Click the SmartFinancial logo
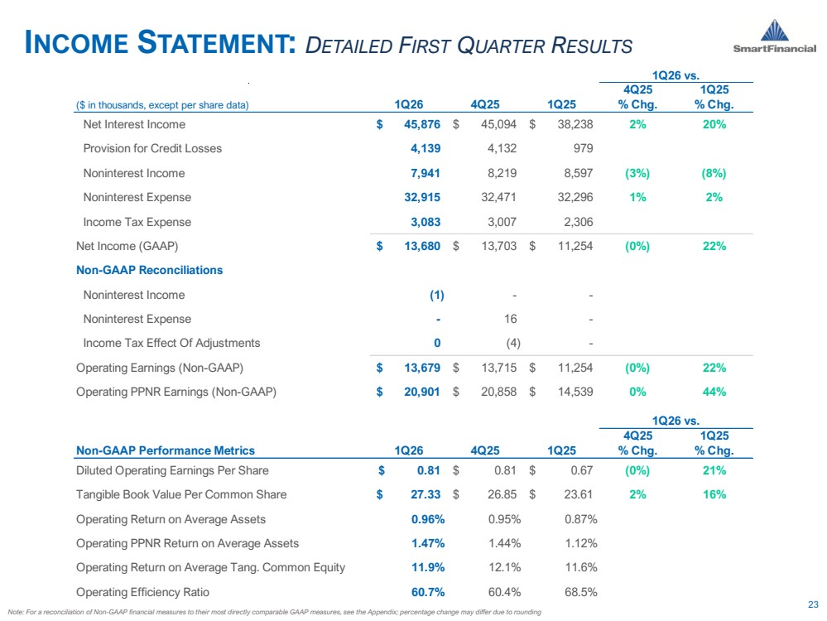point(774,36)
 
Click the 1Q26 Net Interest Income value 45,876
point(422,124)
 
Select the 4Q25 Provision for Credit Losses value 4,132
point(502,149)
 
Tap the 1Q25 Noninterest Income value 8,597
point(579,173)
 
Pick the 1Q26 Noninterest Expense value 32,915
point(422,197)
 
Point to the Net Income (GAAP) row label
point(127,247)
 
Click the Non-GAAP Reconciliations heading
point(149,270)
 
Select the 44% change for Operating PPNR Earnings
point(714,392)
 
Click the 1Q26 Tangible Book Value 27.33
point(426,494)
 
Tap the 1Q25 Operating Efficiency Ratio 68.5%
point(580,592)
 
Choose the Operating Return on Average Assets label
point(171,520)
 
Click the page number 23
point(813,604)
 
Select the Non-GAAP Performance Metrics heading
point(166,450)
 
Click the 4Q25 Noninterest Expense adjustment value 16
point(511,320)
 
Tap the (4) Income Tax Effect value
point(513,344)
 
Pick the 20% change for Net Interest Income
point(714,124)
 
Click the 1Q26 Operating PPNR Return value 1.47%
point(428,543)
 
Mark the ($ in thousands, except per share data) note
point(162,105)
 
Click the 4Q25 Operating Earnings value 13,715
point(499,368)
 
